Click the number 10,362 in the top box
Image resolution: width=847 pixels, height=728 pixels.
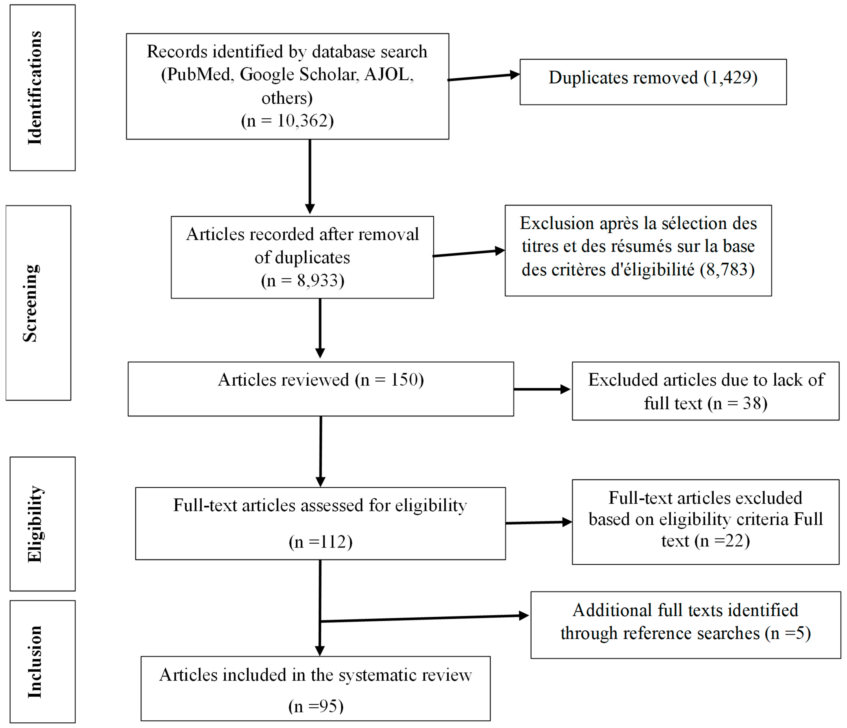(303, 121)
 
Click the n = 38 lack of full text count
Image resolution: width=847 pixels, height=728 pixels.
(740, 404)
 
